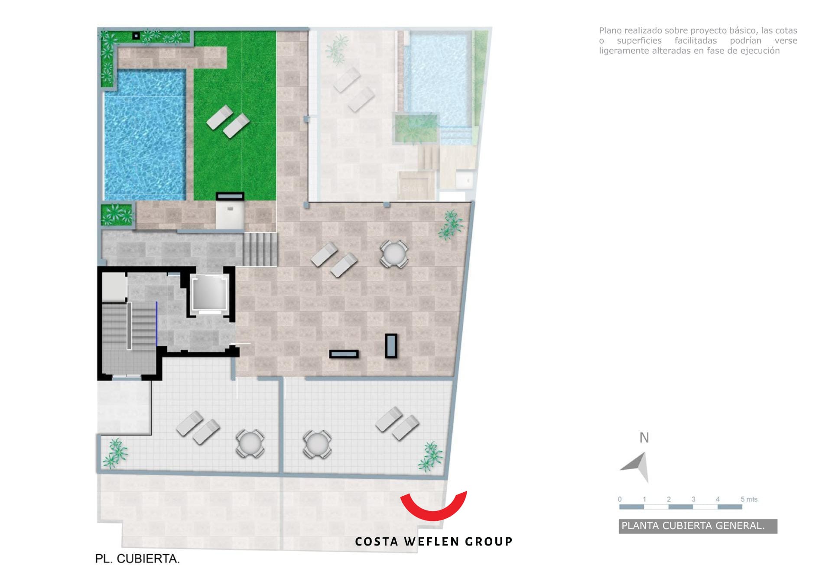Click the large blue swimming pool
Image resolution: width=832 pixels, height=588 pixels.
tap(145, 135)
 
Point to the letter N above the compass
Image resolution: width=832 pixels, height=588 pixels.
tap(644, 438)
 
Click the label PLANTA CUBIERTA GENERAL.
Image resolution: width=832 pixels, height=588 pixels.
tap(693, 526)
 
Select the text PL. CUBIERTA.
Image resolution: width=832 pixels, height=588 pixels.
tap(137, 559)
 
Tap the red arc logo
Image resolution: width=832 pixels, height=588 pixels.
tap(433, 507)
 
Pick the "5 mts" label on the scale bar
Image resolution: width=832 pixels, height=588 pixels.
tap(749, 499)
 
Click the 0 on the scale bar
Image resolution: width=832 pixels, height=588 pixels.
tap(620, 499)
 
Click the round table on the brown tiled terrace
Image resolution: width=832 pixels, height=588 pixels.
tap(394, 253)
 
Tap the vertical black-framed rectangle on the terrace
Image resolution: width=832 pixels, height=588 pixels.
tap(391, 346)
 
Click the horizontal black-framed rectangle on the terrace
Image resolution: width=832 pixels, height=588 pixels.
tap(344, 354)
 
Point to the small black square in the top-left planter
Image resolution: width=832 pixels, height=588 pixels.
tap(136, 36)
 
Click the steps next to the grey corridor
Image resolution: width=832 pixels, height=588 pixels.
tap(260, 249)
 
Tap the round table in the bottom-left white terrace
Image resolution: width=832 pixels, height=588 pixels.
tap(250, 443)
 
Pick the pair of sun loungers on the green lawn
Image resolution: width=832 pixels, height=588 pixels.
tap(228, 121)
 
